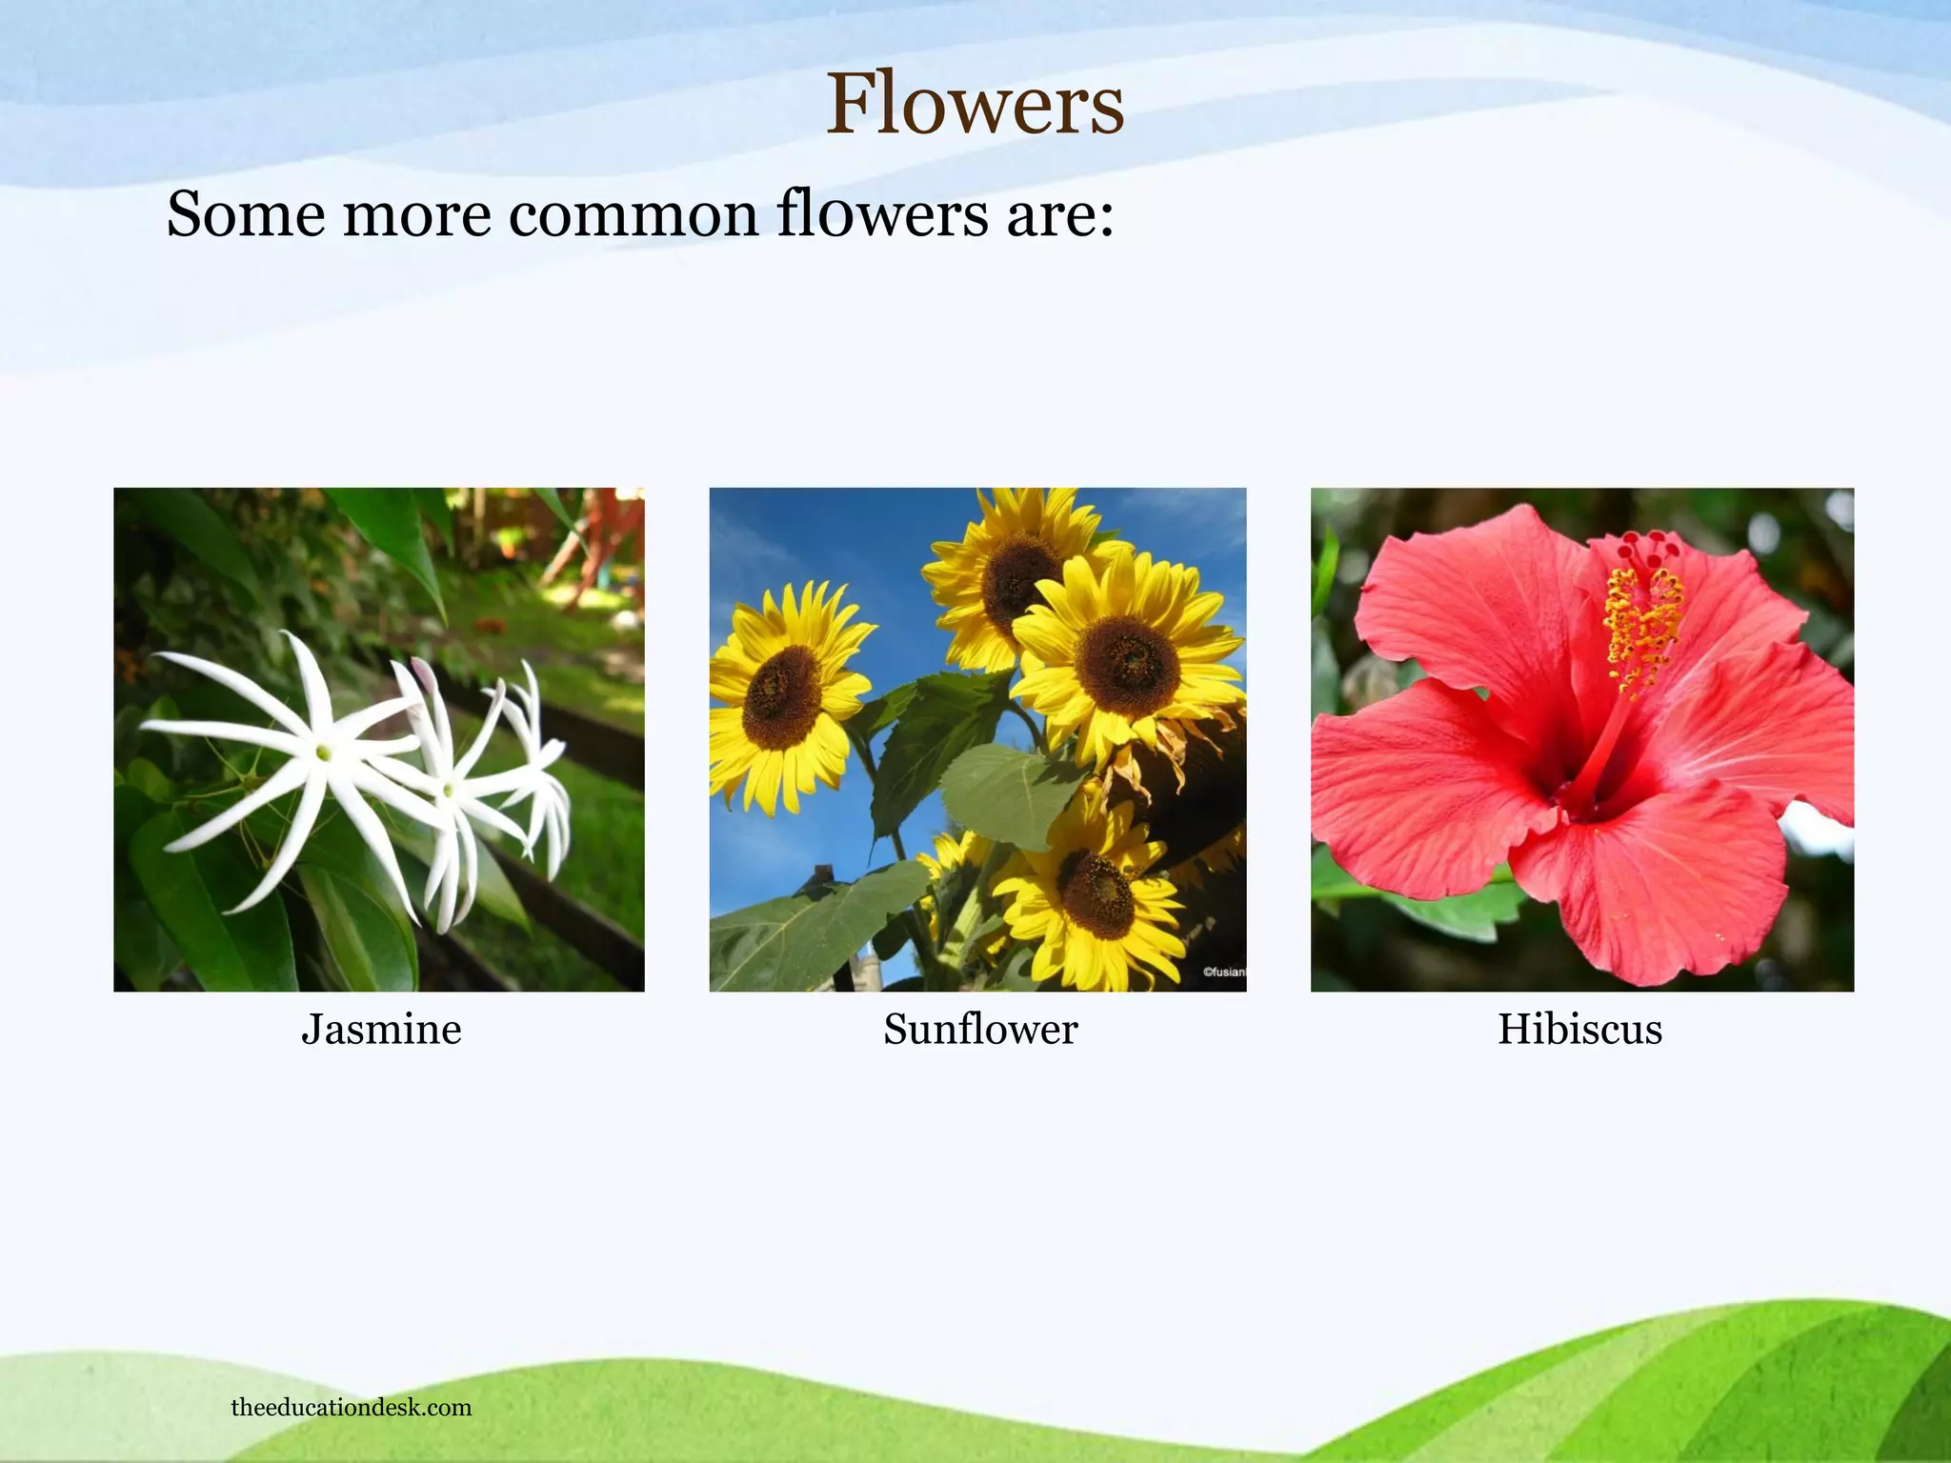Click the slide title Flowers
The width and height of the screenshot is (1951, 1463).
[975, 104]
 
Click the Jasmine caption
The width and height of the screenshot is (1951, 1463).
[381, 1029]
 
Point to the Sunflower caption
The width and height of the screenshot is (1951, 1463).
[980, 1029]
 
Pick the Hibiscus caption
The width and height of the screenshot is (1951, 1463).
[1579, 1029]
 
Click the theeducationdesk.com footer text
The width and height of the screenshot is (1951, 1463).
[351, 1407]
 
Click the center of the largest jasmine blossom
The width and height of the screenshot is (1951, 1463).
[324, 752]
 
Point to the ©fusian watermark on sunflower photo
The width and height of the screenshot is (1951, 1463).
[1223, 972]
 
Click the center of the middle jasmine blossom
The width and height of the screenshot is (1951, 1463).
[449, 790]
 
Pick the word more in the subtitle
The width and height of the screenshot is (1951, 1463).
[415, 215]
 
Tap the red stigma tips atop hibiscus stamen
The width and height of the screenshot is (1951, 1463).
[1653, 549]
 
